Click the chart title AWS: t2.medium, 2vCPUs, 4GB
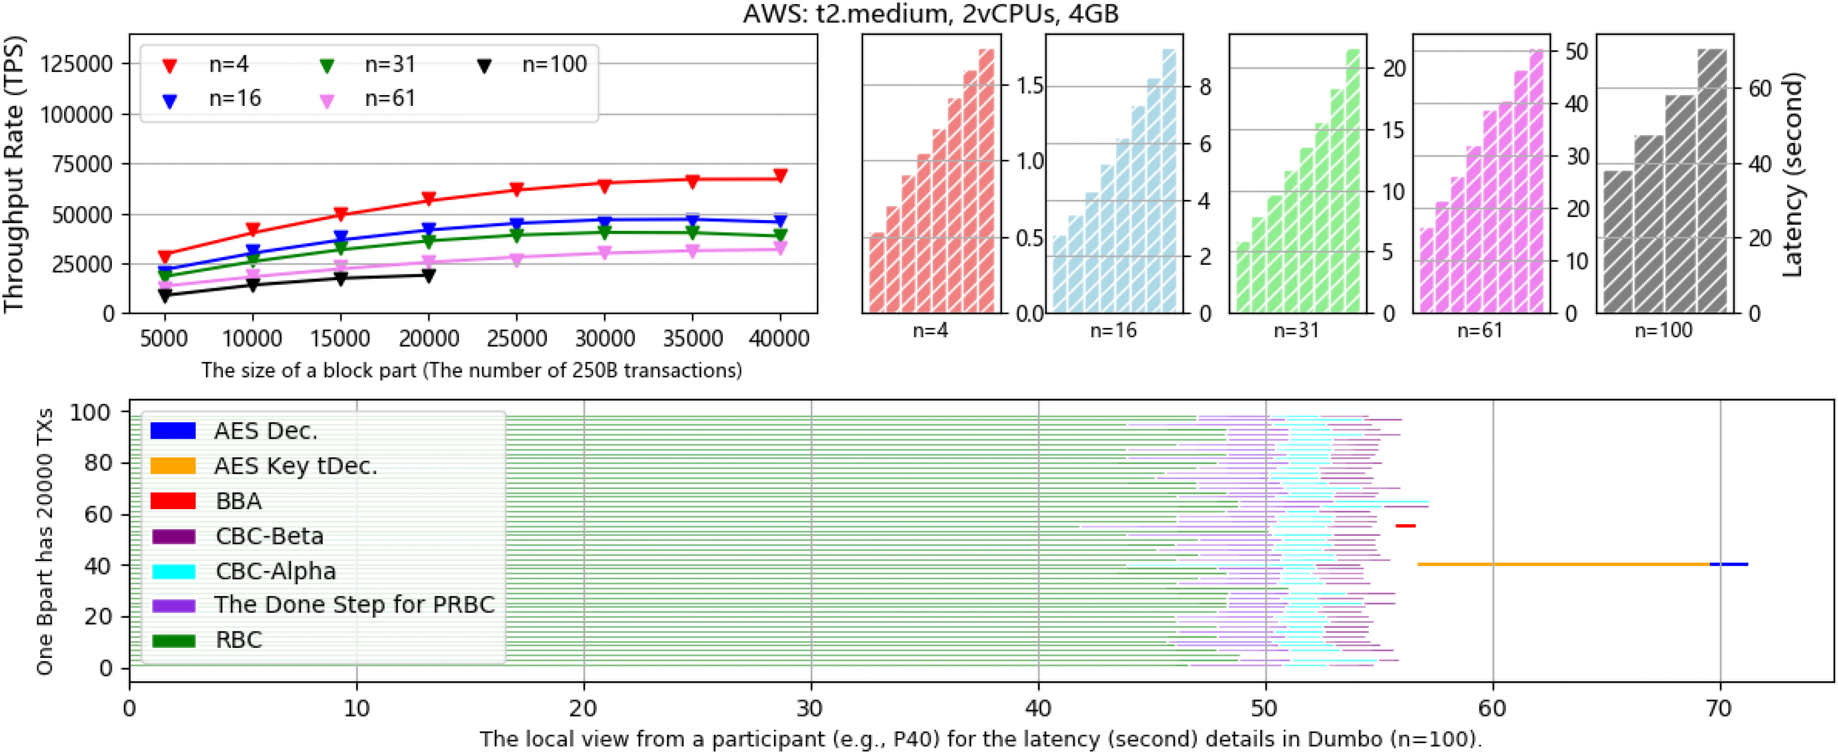tap(930, 14)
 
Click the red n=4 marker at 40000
tap(780, 175)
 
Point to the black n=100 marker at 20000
tap(428, 276)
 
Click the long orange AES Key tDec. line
tap(1562, 564)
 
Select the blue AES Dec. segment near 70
tap(1728, 564)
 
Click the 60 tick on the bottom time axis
tap(1492, 708)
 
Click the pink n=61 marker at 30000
tap(604, 253)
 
